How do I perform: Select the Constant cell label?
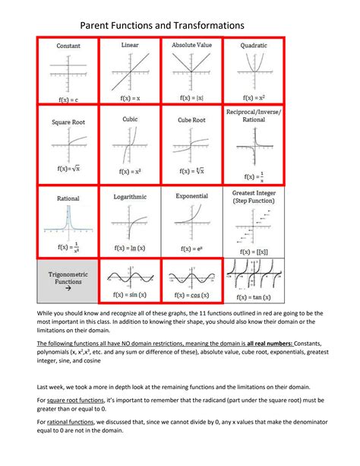point(69,46)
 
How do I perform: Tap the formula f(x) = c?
point(68,99)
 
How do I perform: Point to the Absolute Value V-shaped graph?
point(191,70)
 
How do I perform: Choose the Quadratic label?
point(253,46)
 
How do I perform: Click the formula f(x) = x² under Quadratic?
point(253,99)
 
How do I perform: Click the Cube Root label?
point(191,119)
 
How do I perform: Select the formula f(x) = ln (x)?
point(130,247)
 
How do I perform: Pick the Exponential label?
point(191,195)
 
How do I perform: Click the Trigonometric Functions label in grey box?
point(68,283)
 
